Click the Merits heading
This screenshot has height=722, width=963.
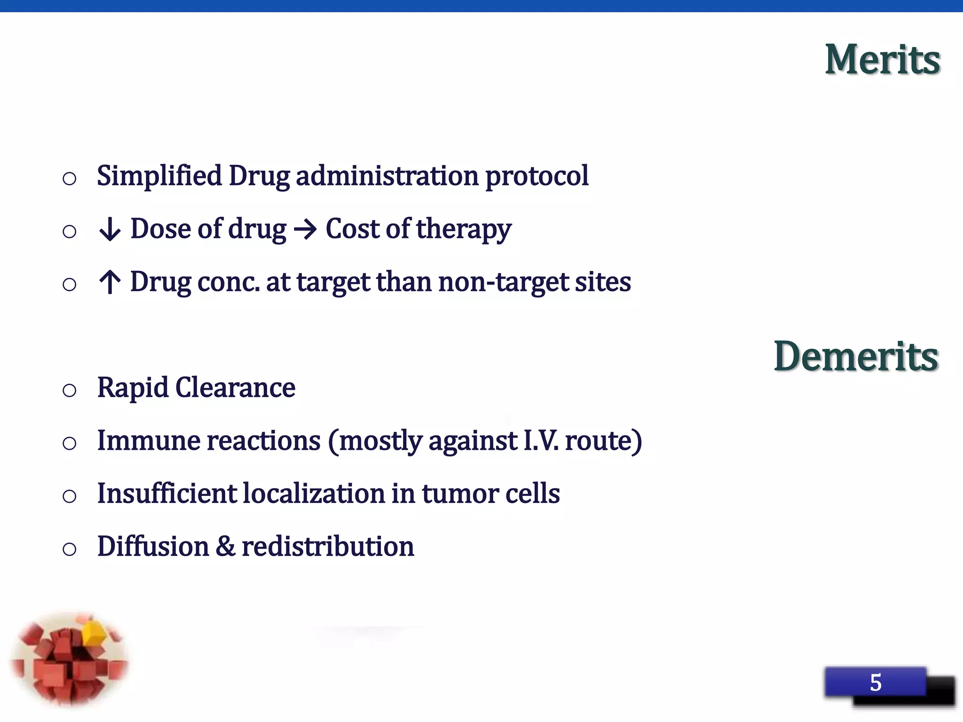point(882,60)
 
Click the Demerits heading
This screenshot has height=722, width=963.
point(856,357)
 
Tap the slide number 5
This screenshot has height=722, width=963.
point(876,683)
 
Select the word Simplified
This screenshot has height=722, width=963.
point(159,176)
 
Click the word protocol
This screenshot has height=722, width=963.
point(537,176)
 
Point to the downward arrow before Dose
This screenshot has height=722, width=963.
point(110,230)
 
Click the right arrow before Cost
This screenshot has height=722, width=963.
point(305,230)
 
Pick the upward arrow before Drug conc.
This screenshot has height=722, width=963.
point(110,282)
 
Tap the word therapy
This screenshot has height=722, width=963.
point(463,230)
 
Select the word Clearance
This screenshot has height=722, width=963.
point(235,388)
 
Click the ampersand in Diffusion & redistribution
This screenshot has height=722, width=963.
point(225,547)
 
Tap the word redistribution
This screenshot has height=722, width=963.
point(328,547)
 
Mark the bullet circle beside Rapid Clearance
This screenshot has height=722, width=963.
point(70,390)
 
